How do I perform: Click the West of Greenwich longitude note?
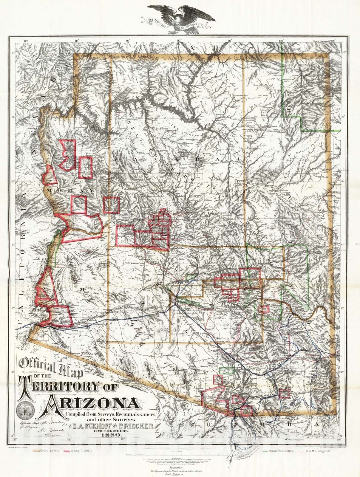tap(299, 439)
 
